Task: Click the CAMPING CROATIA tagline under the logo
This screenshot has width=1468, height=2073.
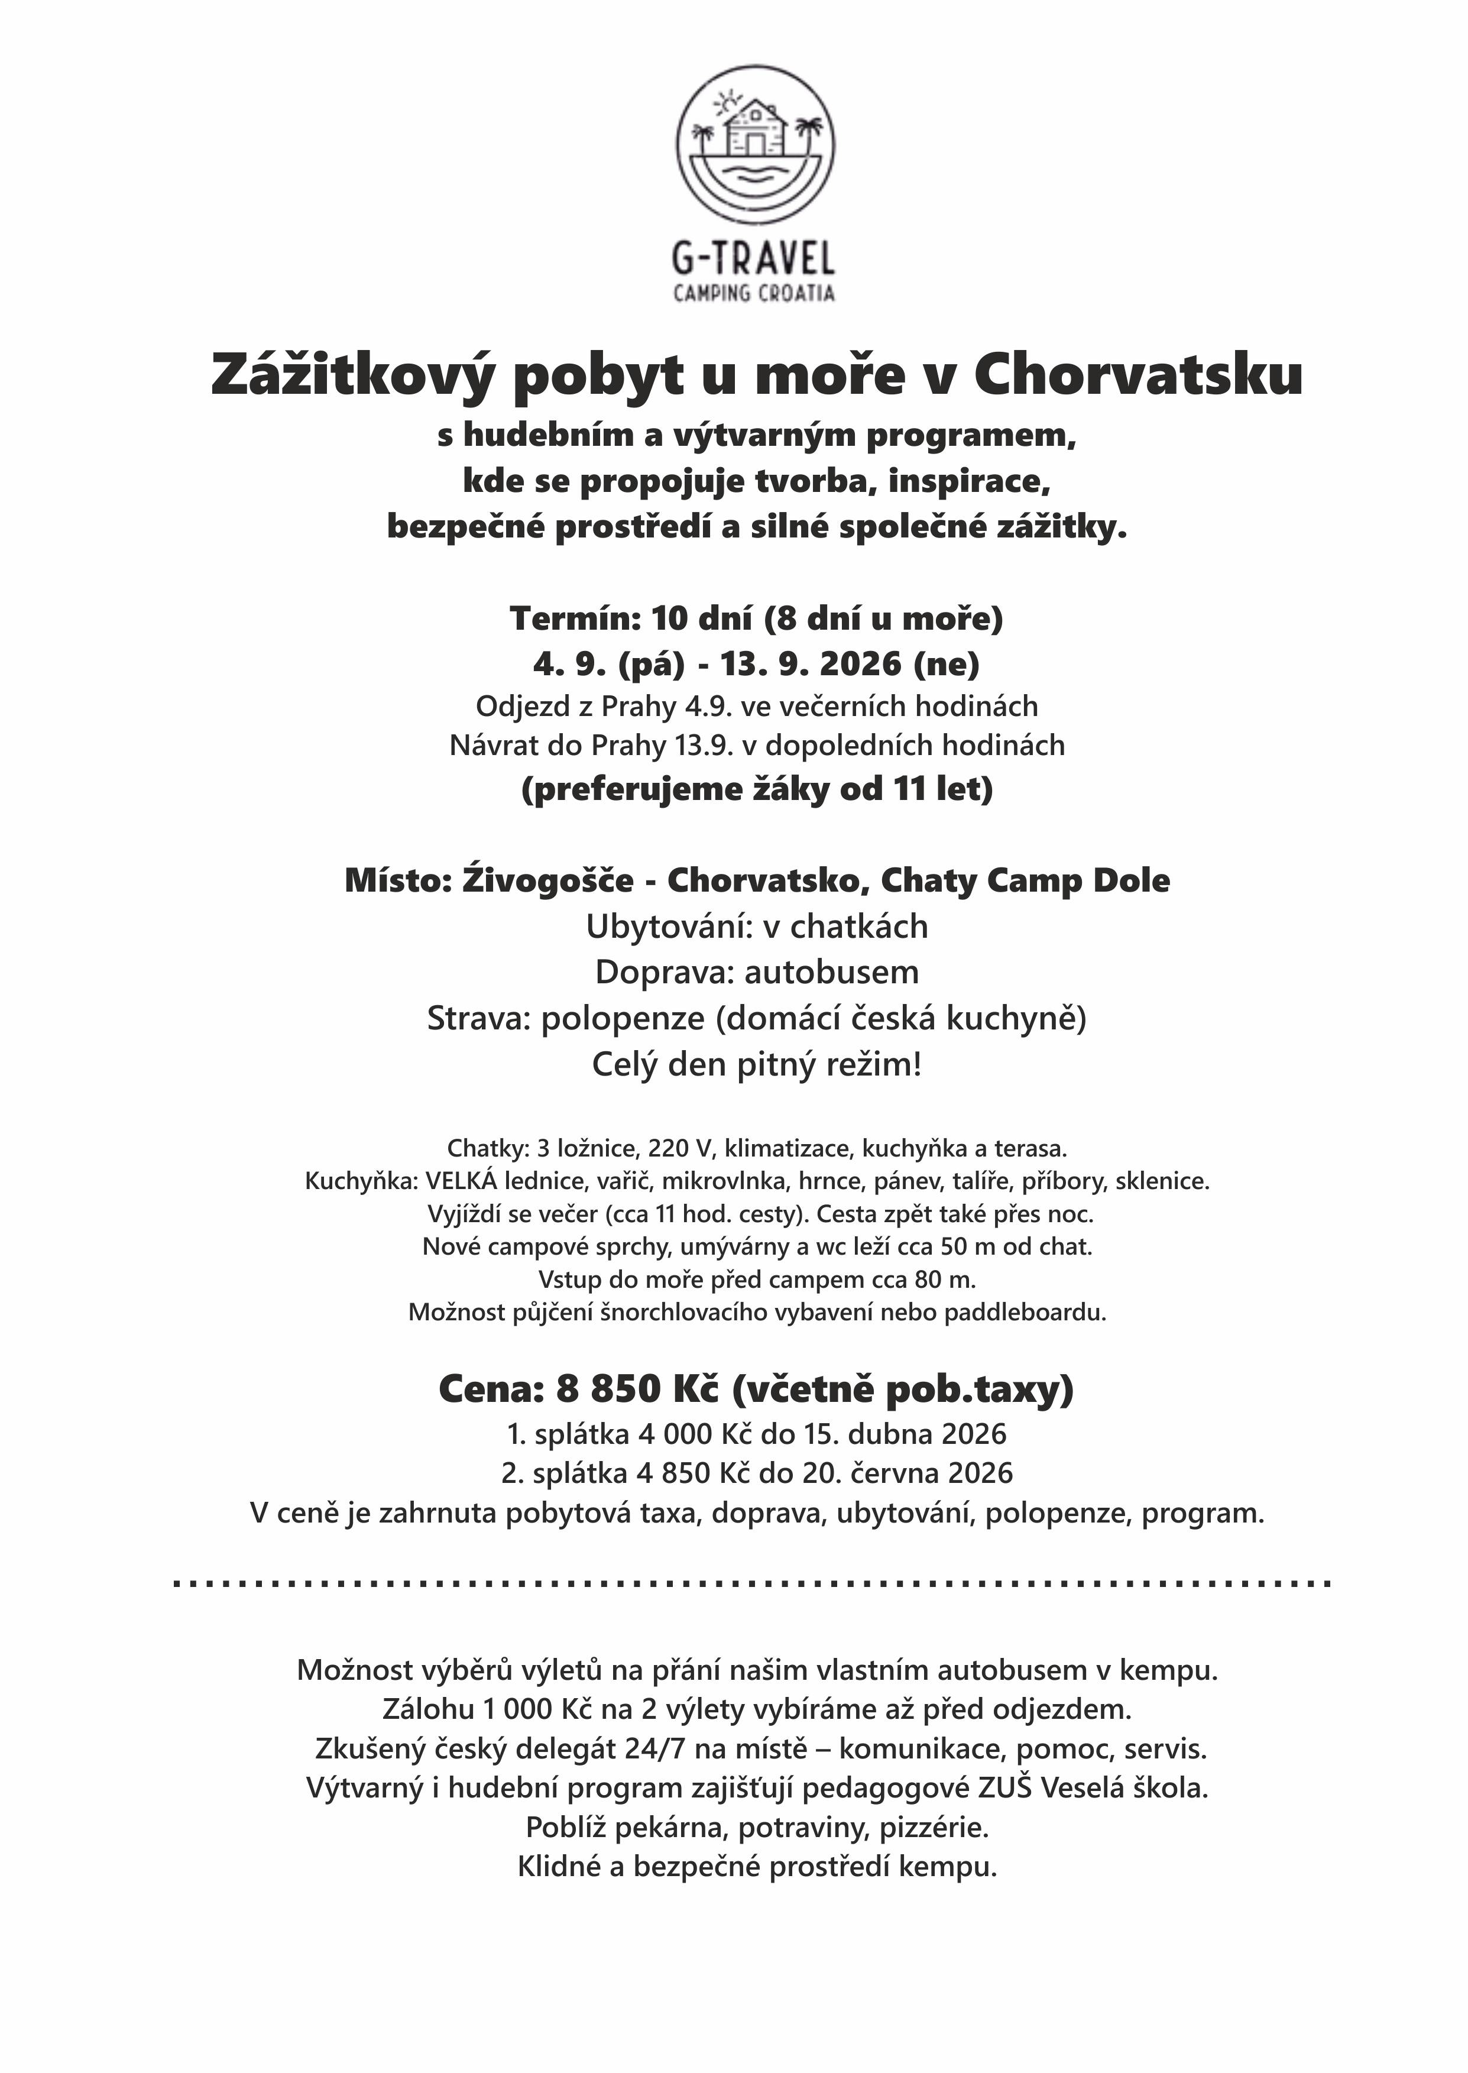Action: (x=754, y=293)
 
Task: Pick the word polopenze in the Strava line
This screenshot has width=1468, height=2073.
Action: (x=623, y=1018)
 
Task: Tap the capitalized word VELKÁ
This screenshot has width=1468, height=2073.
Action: (x=461, y=1181)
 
